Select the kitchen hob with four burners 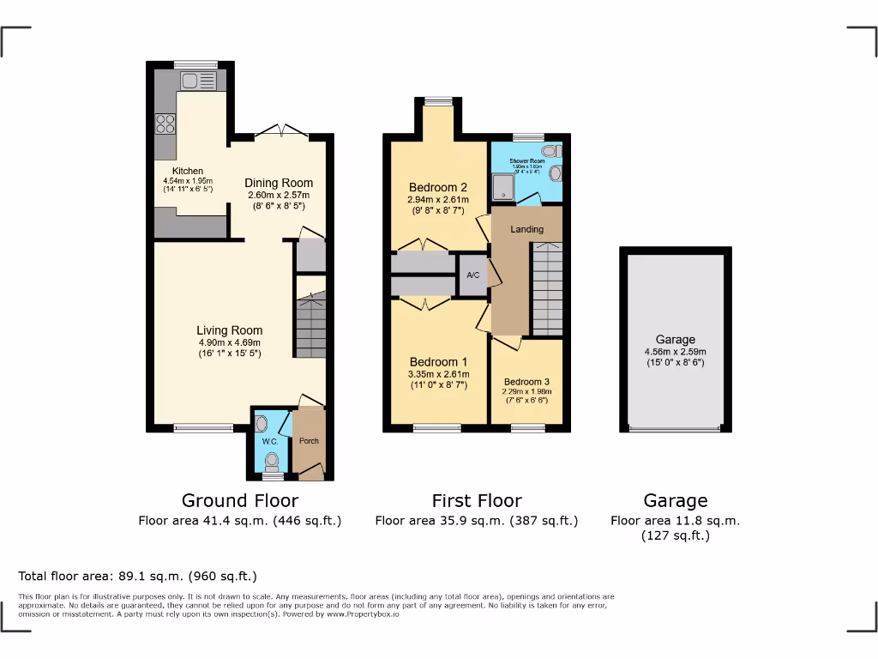tap(165, 124)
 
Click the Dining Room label tap(279, 183)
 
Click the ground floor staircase tap(310, 326)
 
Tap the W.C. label tap(269, 442)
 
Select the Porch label tap(309, 441)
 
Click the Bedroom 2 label tap(437, 188)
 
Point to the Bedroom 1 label tap(438, 361)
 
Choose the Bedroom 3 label tap(526, 382)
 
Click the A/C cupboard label tap(472, 275)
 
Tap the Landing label tap(527, 229)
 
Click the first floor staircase tap(547, 288)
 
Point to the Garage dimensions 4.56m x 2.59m tap(676, 352)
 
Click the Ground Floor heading tap(240, 500)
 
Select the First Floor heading tap(477, 500)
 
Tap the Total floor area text tap(137, 576)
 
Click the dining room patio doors tap(281, 131)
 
